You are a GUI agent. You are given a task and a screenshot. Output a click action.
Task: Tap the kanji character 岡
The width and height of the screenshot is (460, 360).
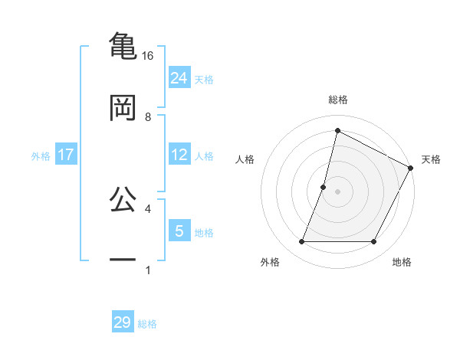tap(123, 108)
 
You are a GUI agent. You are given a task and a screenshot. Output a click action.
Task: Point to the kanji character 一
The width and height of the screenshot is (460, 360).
tap(123, 260)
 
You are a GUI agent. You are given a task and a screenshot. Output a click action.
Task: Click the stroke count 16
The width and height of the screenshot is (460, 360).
tap(148, 55)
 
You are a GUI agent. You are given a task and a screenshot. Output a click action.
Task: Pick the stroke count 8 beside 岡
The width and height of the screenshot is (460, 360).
tap(148, 116)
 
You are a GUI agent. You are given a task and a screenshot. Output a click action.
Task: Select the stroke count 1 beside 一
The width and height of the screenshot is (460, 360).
tap(148, 270)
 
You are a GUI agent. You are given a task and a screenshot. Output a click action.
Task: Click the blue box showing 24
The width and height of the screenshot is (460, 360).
tap(179, 77)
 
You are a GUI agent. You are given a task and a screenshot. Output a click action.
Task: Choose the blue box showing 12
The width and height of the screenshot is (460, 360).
tap(179, 155)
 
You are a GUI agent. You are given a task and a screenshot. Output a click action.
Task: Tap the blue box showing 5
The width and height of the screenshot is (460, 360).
tap(179, 231)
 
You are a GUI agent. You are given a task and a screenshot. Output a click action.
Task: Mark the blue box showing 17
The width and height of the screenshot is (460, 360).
tap(66, 155)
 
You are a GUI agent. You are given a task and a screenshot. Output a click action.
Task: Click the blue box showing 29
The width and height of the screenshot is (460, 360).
tap(123, 322)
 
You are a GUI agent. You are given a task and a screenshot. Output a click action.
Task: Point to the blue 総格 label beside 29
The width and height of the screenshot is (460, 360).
tap(148, 324)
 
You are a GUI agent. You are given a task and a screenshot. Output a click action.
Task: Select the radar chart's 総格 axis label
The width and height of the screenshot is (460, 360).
tap(338, 100)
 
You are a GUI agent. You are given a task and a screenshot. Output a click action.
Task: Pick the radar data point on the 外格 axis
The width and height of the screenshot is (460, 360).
tap(301, 242)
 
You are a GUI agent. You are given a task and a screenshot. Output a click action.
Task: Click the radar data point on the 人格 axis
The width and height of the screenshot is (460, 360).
tap(324, 187)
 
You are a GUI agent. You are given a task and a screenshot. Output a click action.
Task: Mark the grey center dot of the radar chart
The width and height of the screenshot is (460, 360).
tap(338, 191)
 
